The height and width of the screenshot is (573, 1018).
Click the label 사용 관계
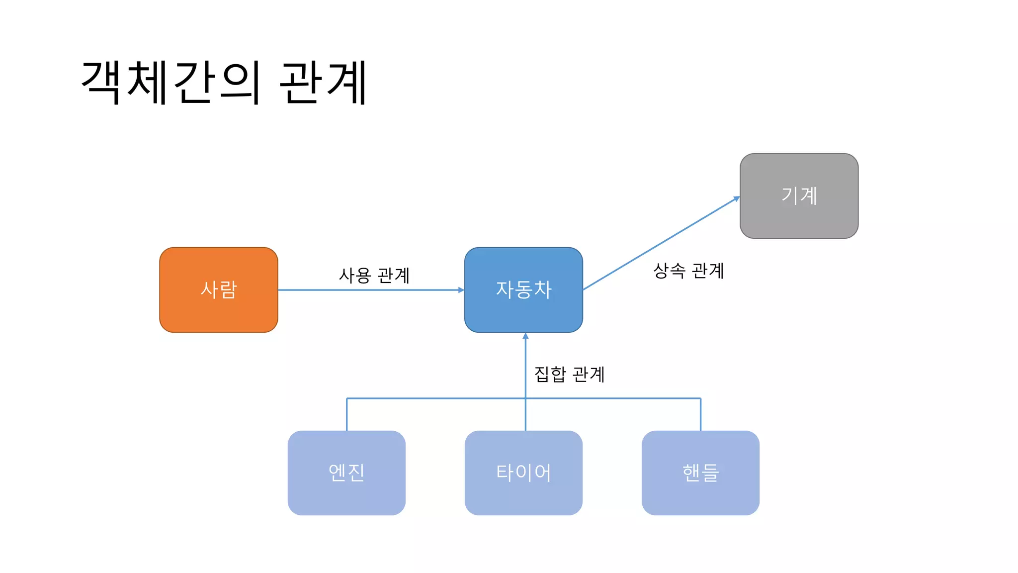coord(374,275)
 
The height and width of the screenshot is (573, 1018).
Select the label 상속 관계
coord(688,271)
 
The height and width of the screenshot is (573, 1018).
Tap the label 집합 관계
coord(569,374)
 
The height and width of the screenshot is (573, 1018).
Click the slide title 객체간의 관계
coord(224,82)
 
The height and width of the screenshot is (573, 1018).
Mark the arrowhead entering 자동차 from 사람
coord(461,290)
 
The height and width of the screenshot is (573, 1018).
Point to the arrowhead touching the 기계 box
coord(737,199)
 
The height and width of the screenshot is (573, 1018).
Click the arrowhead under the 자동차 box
coord(525,336)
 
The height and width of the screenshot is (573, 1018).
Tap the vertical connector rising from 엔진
coord(346,414)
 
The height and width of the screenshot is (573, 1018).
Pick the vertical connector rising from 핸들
coord(700,414)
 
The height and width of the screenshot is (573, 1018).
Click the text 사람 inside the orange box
coord(218,289)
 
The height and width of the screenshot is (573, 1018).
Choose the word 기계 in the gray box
coord(799,195)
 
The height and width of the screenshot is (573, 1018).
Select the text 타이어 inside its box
coord(523,473)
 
